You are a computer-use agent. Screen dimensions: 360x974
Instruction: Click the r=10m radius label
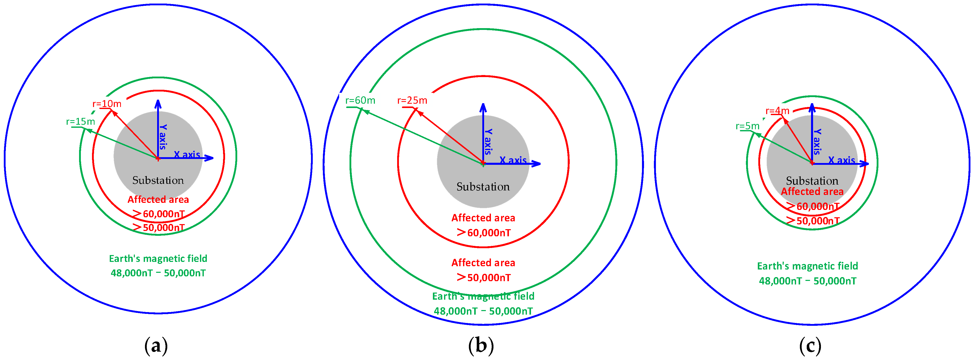point(107,104)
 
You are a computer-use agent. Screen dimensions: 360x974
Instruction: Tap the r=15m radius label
point(81,121)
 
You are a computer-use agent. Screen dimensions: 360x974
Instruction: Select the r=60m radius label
point(360,100)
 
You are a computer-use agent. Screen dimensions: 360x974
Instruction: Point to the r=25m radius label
point(412,100)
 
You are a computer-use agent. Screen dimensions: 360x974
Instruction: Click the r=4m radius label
point(777,111)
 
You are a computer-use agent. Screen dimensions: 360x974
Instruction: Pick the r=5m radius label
point(747,126)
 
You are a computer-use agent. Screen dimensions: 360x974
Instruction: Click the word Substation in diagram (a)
point(158,180)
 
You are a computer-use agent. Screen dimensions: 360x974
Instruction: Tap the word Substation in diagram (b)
point(483,187)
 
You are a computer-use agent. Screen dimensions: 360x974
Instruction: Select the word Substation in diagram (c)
point(812,181)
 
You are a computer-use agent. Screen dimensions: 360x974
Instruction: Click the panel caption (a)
point(156,345)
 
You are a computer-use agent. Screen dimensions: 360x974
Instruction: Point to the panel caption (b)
point(481,345)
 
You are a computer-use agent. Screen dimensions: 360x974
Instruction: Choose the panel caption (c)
point(810,345)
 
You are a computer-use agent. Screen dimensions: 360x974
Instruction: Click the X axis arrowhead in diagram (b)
point(536,164)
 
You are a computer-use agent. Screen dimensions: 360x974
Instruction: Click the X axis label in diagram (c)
point(842,160)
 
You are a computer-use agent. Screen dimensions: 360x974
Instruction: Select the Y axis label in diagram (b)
point(488,142)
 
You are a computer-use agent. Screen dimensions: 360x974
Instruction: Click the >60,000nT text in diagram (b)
point(484,232)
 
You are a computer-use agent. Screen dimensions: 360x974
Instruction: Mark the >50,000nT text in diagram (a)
point(159,227)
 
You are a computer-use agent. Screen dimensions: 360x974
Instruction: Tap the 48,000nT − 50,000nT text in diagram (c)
point(808,281)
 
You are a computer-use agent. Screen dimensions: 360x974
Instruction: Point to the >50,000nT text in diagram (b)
point(484,278)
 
